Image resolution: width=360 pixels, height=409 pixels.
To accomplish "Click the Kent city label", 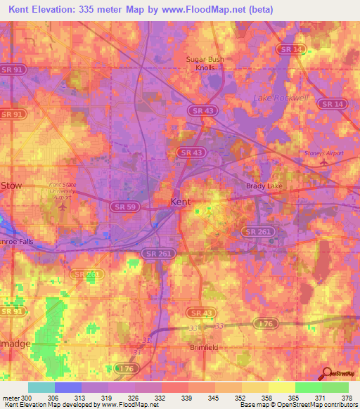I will pos(181,202).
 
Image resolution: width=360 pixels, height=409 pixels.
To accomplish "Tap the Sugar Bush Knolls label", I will pos(205,64).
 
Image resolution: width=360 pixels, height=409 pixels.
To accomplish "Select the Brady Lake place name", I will pos(263,186).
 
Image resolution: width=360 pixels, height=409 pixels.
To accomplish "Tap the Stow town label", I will pos(11,186).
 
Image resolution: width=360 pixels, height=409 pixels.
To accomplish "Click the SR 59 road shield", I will pos(121,205).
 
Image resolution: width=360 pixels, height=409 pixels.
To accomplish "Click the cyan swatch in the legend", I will pos(41,387).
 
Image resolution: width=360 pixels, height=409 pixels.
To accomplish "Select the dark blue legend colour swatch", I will pos(68,387).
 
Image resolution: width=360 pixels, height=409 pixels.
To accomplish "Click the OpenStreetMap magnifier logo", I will pos(326,374).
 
